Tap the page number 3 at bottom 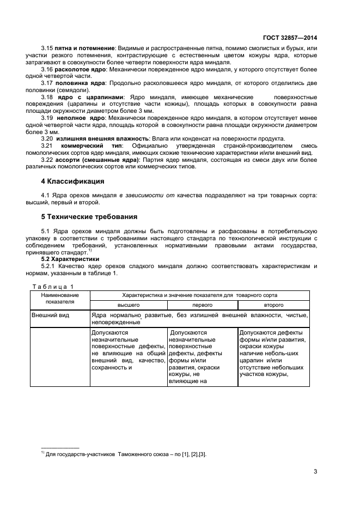(x=315, y=471)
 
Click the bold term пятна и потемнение (x=84, y=48)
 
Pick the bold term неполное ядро (x=80, y=118)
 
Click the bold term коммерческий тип (x=92, y=146)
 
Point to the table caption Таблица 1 (x=52, y=287)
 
